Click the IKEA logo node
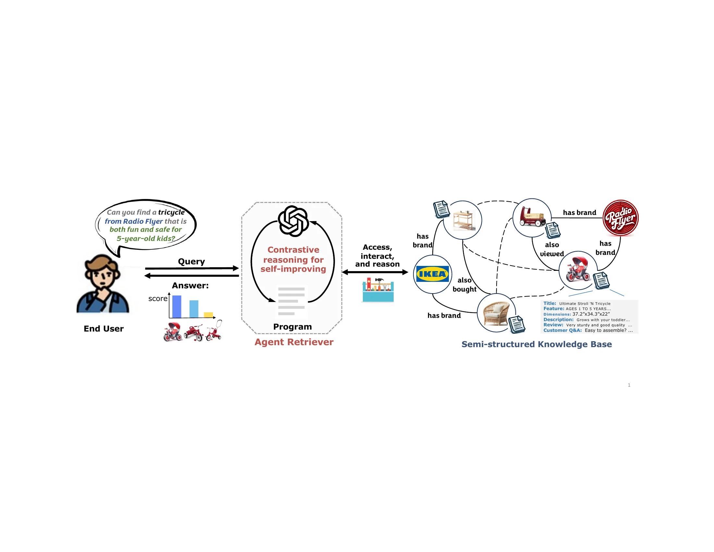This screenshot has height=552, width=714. pos(433,274)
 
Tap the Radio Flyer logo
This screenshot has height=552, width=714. pos(620,218)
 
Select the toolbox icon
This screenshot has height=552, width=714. pos(378,290)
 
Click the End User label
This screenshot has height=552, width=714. pos(104,329)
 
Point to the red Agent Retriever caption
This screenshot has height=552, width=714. pos(294,342)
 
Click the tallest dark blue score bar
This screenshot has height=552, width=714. pos(177,307)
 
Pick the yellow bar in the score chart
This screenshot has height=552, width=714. pos(208,315)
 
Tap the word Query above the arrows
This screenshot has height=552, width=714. pos(191,262)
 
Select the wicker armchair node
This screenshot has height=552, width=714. pos(496,313)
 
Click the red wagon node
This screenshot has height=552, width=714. pos(532,218)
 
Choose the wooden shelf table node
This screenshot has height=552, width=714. pos(462,220)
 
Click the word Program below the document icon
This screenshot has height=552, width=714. pos(293,327)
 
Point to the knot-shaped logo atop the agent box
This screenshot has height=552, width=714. pos(293,221)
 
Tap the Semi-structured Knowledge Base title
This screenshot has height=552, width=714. pos(536,344)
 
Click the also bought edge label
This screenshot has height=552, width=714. pos(464,284)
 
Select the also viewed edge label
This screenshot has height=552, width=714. pos(552,249)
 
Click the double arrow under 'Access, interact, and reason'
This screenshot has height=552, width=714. pos(375,272)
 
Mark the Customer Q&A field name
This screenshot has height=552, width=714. pos(563,330)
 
